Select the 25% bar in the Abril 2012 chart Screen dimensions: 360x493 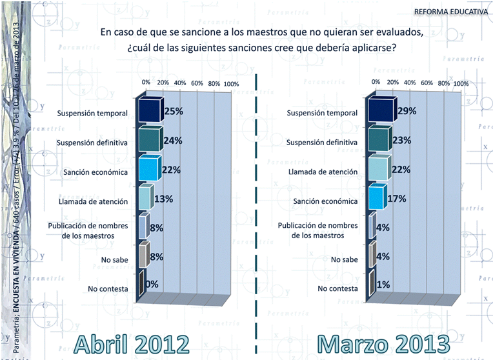point(148,111)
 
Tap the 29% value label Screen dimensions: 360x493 point(407,111)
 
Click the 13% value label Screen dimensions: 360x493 point(163,199)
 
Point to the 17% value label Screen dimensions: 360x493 point(396,198)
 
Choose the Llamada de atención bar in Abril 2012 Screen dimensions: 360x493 point(144,198)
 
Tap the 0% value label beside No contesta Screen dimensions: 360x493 point(153,284)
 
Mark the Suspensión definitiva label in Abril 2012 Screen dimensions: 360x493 point(92,142)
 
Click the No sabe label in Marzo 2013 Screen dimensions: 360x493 point(345,259)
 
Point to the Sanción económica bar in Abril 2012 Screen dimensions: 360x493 point(147,169)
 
